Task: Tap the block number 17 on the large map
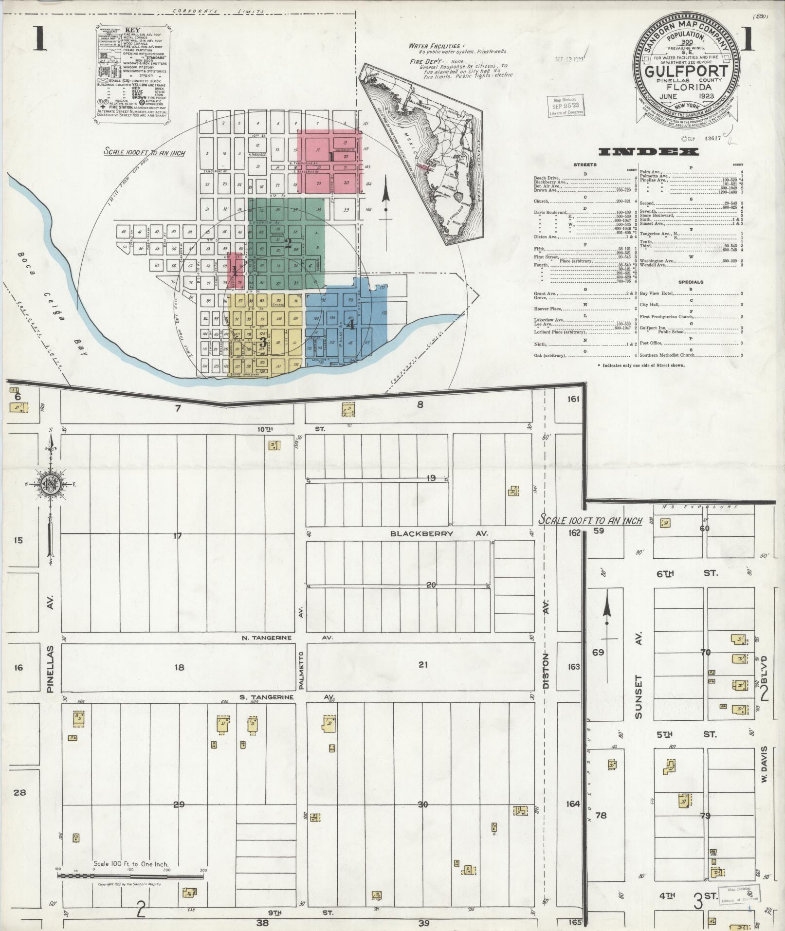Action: click(177, 536)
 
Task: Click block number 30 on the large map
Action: click(422, 804)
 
